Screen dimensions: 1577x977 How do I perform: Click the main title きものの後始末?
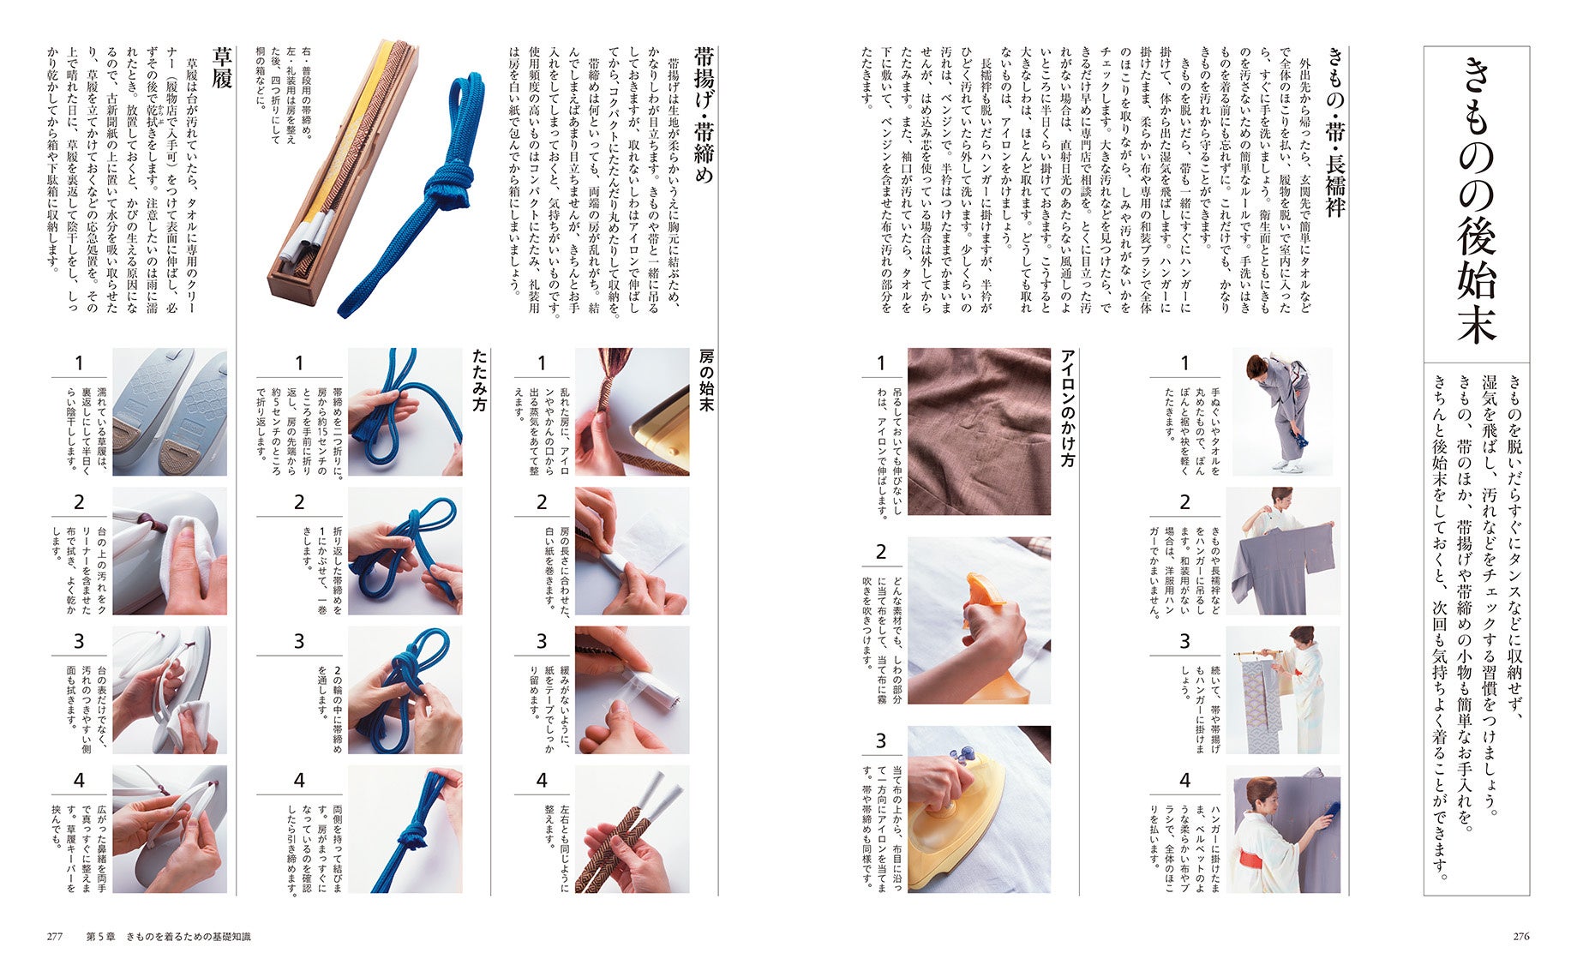point(1476,202)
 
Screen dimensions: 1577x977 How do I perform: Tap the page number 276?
point(1520,937)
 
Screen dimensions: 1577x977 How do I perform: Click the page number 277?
point(55,937)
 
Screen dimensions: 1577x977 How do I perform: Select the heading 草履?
point(222,68)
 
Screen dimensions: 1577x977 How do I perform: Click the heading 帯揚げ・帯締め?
point(704,115)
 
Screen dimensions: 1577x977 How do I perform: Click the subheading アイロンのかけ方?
point(1067,408)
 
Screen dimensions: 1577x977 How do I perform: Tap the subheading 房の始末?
point(706,380)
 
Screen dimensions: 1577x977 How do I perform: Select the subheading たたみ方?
point(479,380)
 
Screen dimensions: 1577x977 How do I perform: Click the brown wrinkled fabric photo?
point(979,431)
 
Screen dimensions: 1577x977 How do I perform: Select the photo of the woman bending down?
point(1282,411)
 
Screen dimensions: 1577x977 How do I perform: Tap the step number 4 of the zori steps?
point(79,781)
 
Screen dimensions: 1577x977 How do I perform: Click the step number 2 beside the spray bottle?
point(880,552)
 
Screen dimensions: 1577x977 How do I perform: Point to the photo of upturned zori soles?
point(170,411)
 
